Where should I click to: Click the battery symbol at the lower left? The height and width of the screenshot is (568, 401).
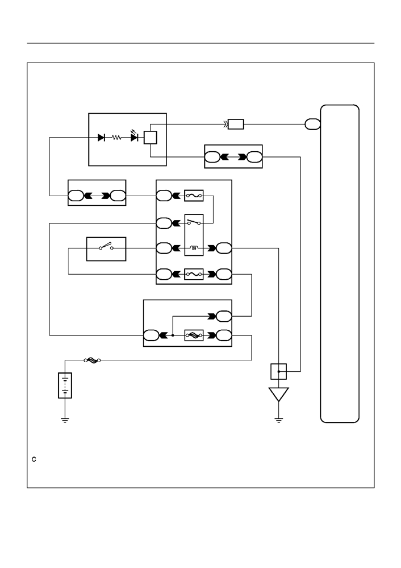pyautogui.click(x=65, y=385)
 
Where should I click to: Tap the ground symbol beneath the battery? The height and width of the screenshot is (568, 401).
pyautogui.click(x=65, y=420)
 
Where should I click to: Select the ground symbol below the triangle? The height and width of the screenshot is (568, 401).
pyautogui.click(x=279, y=420)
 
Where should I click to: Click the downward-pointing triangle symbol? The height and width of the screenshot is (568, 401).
pyautogui.click(x=279, y=394)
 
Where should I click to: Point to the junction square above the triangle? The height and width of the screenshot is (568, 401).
pyautogui.click(x=279, y=371)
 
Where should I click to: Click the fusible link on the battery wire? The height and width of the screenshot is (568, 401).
pyautogui.click(x=92, y=360)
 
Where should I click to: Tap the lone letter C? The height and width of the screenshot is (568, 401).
pyautogui.click(x=34, y=459)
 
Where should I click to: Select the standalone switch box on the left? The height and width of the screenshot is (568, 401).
pyautogui.click(x=106, y=249)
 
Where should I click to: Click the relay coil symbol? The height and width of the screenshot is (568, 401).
pyautogui.click(x=194, y=248)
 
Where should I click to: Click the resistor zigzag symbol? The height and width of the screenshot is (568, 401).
pyautogui.click(x=116, y=138)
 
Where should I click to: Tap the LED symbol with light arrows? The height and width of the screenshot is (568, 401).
pyautogui.click(x=135, y=136)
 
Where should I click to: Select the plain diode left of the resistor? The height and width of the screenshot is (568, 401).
pyautogui.click(x=101, y=138)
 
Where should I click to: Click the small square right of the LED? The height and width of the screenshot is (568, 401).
pyautogui.click(x=150, y=138)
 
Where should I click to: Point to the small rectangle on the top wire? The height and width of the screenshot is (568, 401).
pyautogui.click(x=236, y=125)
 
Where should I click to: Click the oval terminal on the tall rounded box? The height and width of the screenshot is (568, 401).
pyautogui.click(x=313, y=125)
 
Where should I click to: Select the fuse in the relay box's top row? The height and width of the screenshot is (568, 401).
pyautogui.click(x=194, y=196)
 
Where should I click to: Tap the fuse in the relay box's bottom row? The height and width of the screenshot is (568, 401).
pyautogui.click(x=194, y=275)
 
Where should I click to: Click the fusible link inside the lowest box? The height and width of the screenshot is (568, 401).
pyautogui.click(x=194, y=335)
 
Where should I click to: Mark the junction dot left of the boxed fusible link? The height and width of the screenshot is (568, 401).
pyautogui.click(x=173, y=335)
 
